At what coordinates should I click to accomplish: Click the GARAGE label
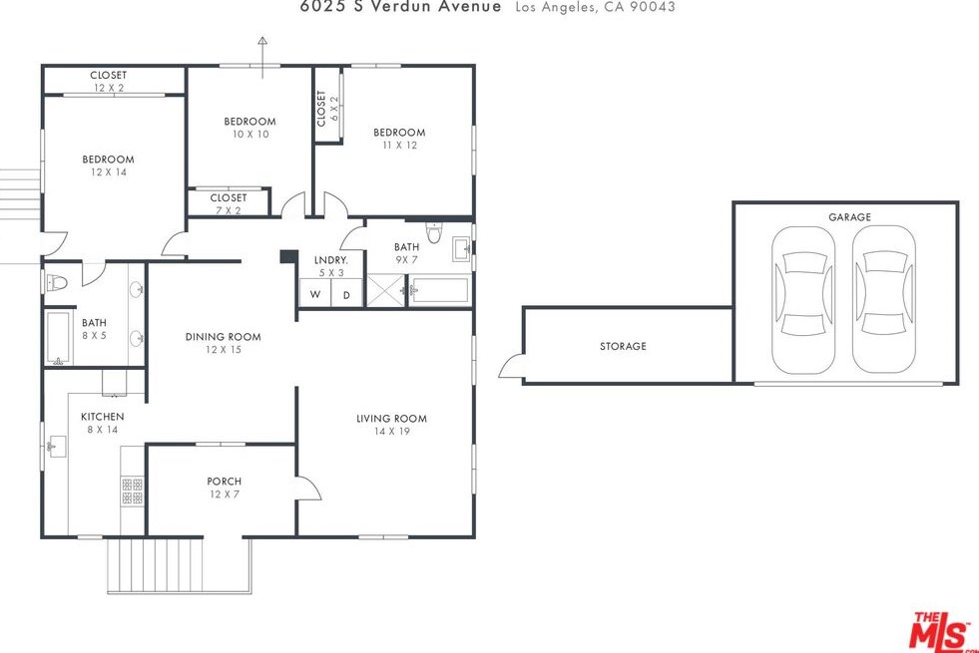coord(849,217)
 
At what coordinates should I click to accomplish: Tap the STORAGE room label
coord(623,346)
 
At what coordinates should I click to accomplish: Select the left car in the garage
coord(803,299)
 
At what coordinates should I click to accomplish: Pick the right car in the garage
coord(883,299)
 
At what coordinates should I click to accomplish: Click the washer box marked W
coord(314,294)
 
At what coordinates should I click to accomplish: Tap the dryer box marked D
coord(346,294)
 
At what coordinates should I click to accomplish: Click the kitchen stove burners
coord(132,490)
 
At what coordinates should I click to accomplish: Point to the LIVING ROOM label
coord(391,419)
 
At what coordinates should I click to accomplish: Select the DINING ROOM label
coord(223,337)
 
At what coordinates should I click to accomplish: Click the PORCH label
coord(225,482)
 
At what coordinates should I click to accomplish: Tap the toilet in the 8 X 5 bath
coord(56,283)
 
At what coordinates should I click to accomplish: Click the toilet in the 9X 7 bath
coord(434,232)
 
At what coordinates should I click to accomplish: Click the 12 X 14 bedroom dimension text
coord(109,172)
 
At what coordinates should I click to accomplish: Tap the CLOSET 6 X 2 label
coord(327,109)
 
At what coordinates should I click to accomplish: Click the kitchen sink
coord(57,447)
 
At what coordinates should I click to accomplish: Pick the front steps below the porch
coord(180,565)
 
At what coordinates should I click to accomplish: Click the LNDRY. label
coord(331,260)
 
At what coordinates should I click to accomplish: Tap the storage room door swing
coord(510,366)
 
